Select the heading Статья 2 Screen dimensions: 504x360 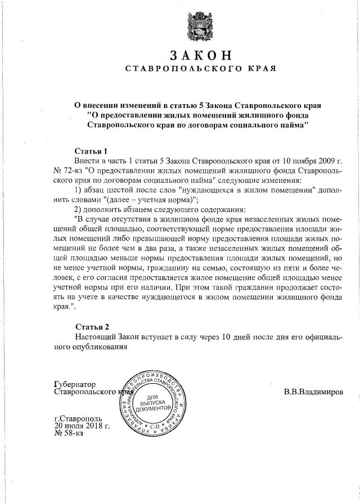pos(92,327)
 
